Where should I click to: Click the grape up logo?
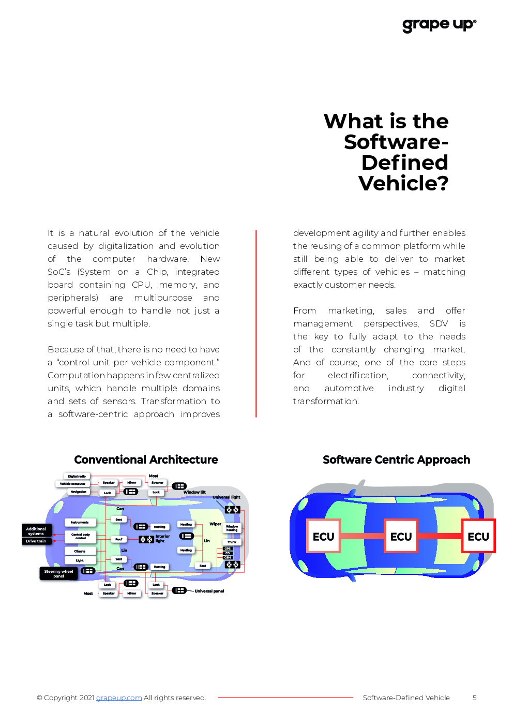[439, 24]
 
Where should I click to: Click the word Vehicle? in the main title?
[403, 183]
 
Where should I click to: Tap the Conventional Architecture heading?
[146, 460]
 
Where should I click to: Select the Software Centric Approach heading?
[396, 460]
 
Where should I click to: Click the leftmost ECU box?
[324, 537]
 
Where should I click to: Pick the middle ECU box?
[401, 537]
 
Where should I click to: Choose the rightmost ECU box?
[478, 537]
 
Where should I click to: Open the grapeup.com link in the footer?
[119, 698]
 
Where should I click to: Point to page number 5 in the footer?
[474, 698]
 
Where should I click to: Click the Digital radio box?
[77, 476]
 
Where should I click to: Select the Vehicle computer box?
[72, 484]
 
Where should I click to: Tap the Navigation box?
[79, 492]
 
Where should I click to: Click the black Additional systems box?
[36, 531]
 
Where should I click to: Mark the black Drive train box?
[36, 541]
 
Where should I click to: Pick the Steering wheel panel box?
[58, 573]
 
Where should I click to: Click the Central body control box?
[81, 537]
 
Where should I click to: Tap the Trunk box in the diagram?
[232, 542]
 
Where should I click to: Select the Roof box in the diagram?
[119, 539]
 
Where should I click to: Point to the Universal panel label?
[209, 591]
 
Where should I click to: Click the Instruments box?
[80, 523]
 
